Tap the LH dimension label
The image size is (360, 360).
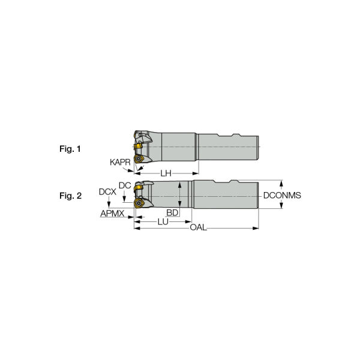166,173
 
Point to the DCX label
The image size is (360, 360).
107,192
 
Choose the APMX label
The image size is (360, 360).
112,213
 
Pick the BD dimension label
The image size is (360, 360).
172,213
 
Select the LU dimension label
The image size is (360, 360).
162,221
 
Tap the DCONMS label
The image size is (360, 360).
282,196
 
